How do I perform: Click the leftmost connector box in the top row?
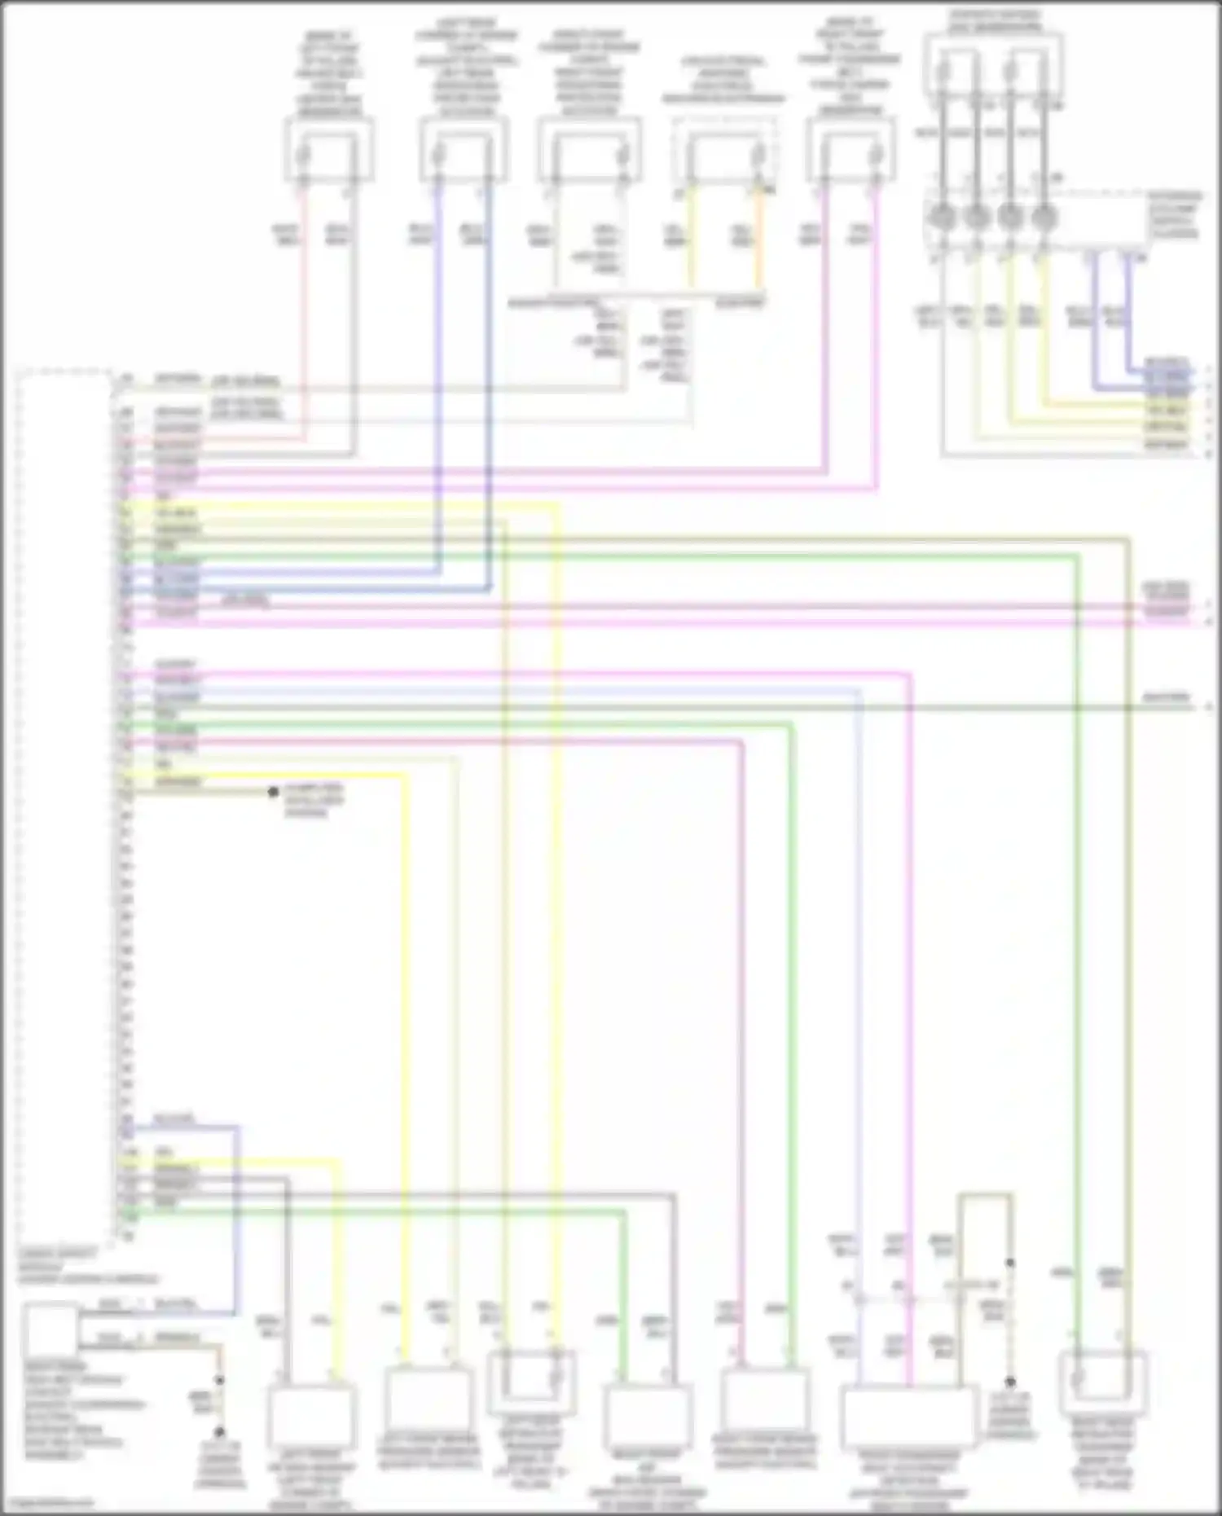(328, 150)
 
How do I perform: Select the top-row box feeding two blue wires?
(464, 150)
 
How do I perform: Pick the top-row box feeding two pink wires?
(850, 150)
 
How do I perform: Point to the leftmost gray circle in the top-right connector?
(942, 218)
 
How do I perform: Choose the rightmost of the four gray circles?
(1044, 218)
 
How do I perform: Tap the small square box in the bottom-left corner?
(51, 1329)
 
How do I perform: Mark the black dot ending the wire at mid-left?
(274, 792)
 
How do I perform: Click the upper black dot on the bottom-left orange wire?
(219, 1380)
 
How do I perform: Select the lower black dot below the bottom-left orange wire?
(219, 1431)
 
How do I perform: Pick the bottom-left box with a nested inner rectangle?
(531, 1383)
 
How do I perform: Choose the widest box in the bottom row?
(908, 1417)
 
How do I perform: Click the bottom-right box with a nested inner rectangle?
(1103, 1383)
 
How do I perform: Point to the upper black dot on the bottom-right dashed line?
(1010, 1263)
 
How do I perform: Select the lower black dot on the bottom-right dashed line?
(1010, 1382)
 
